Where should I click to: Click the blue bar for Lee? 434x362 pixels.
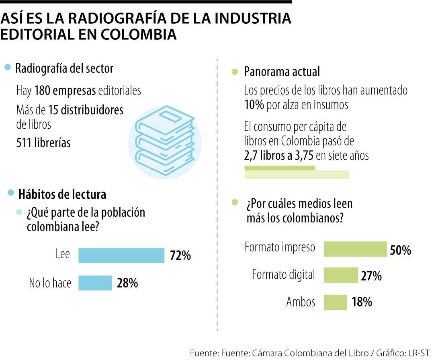[121, 255]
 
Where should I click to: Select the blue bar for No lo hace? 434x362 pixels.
[95, 283]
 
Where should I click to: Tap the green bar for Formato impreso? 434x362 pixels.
[355, 249]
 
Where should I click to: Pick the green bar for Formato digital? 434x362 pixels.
[341, 275]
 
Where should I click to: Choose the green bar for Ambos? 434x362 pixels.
[335, 302]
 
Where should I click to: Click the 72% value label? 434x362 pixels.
[180, 255]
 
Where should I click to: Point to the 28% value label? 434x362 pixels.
[127, 283]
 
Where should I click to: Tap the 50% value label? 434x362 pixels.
[401, 250]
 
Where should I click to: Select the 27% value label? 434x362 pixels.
[371, 276]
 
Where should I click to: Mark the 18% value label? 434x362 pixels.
[362, 302]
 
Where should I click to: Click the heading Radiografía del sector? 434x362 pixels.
[64, 68]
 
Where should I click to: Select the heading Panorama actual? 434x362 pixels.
[282, 72]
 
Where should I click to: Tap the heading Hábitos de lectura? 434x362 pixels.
[62, 194]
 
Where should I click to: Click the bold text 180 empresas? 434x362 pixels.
[65, 90]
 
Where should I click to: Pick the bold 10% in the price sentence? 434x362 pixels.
[254, 105]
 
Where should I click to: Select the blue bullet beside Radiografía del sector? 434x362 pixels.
[7, 68]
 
